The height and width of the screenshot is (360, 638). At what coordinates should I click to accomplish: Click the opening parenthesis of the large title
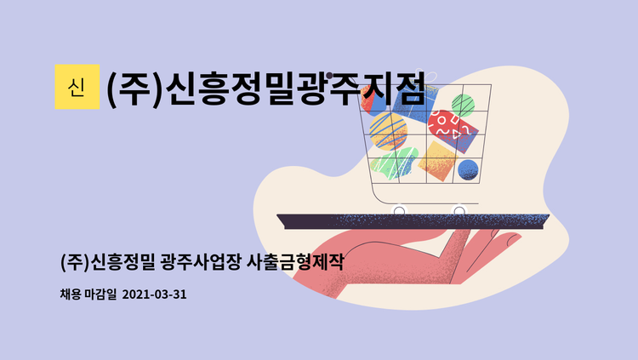pos(112,88)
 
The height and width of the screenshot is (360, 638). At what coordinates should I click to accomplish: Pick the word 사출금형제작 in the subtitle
pos(294,261)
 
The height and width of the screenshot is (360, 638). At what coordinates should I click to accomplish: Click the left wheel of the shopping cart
pos(398,209)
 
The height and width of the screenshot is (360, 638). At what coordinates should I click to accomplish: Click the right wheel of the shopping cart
pos(459,209)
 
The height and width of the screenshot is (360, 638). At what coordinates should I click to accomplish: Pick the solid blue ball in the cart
pos(469,169)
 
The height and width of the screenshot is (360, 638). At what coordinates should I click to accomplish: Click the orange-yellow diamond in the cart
pos(436,159)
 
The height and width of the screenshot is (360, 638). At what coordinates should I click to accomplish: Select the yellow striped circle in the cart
pos(388,132)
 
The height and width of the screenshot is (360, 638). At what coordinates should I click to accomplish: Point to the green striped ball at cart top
pos(463,105)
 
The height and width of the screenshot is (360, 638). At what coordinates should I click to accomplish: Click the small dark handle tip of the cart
pos(328,76)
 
